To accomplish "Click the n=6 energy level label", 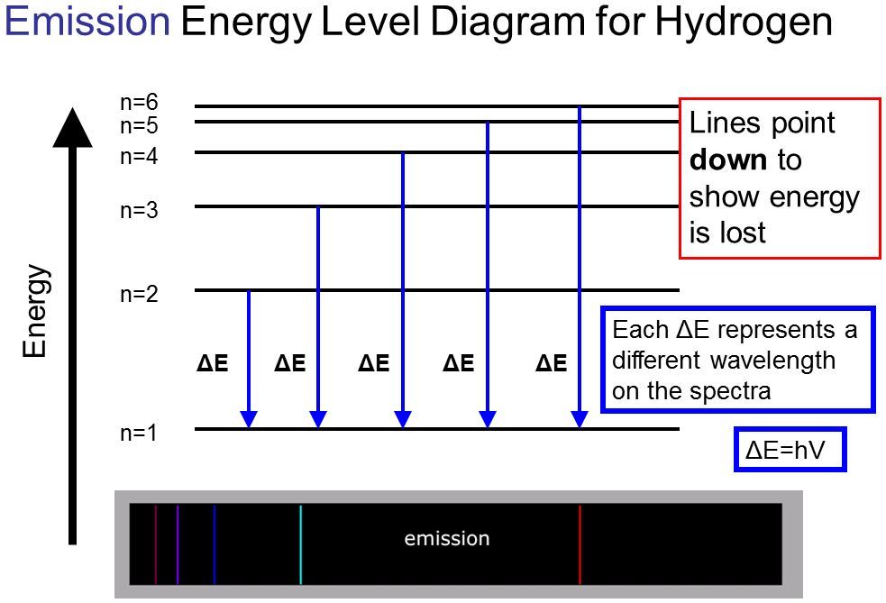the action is pos(139,102).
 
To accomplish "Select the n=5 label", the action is pos(139,125).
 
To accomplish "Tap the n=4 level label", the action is pos(139,155).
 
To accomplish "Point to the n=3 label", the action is pos(139,210).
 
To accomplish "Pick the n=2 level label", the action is pos(139,294).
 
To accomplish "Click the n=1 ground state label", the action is pos(139,433).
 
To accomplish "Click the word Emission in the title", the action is pos(87,21).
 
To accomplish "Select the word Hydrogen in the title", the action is pos(744,23).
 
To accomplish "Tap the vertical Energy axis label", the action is pos(34,311).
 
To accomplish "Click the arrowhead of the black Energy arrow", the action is pos(72,128).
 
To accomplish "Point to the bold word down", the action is pos(728,160).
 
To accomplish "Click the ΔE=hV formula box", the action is pos(790,449).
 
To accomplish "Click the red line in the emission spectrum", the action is pos(580,544).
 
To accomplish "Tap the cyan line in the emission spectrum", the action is pos(301,544).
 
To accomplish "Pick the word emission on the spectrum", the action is pos(447,539).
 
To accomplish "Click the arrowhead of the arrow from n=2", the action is pos(249,419).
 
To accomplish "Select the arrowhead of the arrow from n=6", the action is pos(580,419).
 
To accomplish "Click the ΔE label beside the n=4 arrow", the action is pos(374,363).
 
